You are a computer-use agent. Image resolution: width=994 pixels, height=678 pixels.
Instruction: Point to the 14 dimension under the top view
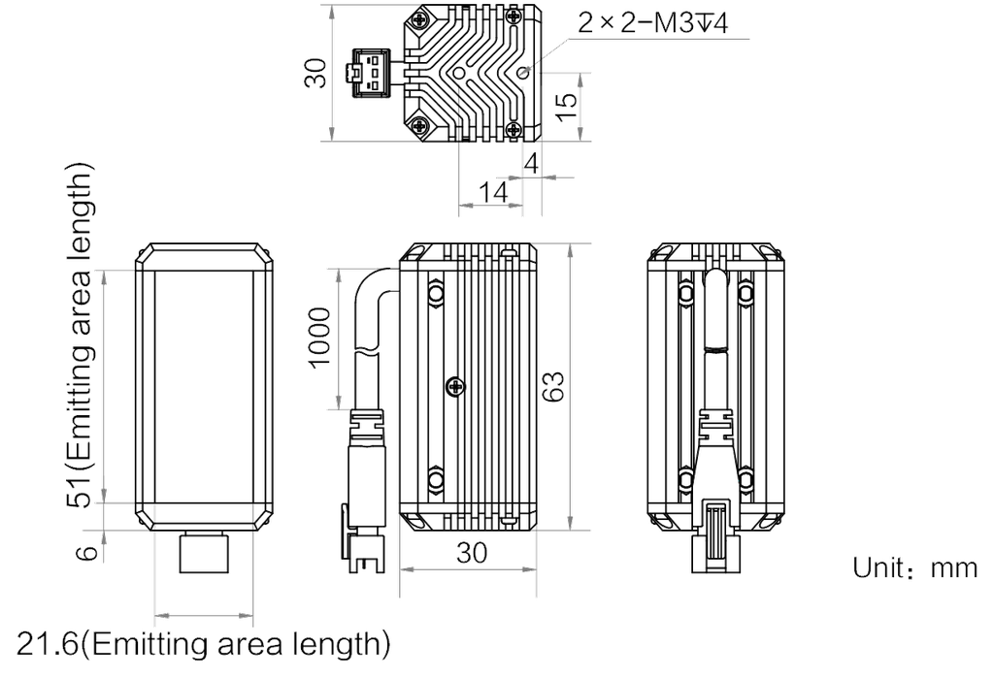point(494,194)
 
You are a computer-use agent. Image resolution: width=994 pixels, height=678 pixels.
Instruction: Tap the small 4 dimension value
point(531,165)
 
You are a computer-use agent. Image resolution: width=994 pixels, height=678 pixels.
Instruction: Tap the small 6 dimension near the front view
point(87,552)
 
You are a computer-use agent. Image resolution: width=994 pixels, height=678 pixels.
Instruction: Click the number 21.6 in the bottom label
point(49,642)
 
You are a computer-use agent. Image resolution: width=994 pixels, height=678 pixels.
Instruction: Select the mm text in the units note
point(954,569)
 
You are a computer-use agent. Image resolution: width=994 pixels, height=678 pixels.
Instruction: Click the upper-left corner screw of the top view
point(419,20)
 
